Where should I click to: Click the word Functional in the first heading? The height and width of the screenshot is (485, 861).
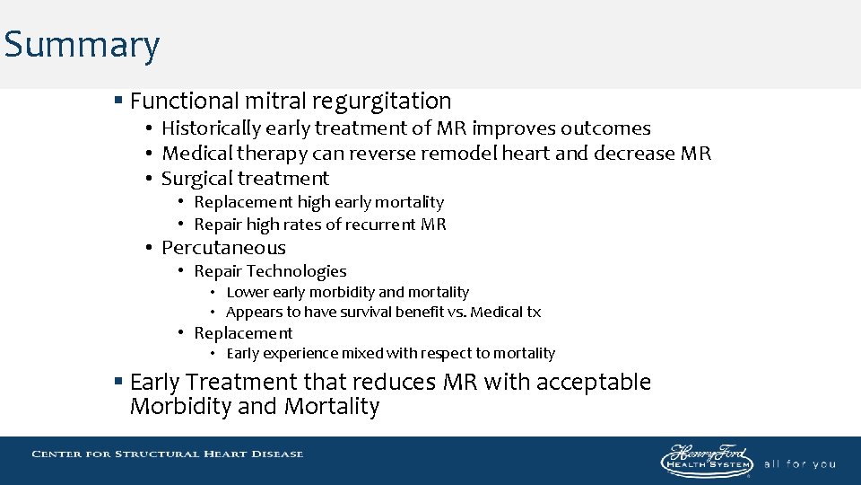(185, 101)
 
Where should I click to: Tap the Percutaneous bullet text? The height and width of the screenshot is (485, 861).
(223, 248)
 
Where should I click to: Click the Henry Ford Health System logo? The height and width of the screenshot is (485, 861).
(707, 460)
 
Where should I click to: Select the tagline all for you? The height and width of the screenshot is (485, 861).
(799, 464)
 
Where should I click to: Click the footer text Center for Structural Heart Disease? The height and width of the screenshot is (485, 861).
(168, 454)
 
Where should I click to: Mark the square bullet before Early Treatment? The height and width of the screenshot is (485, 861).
(118, 382)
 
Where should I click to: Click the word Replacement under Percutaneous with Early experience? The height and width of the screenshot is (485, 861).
(243, 333)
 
